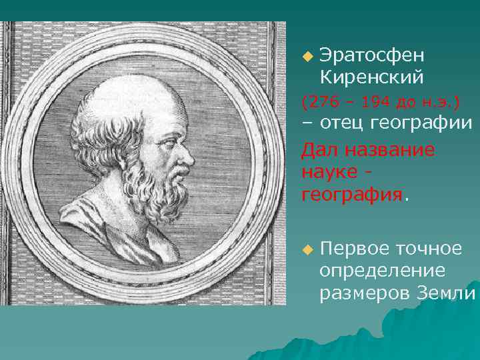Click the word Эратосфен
pos(371,55)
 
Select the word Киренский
pos(371,77)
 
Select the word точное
pos(429,249)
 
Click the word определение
pos(382,271)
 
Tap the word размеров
pos(365,293)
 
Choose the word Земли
pos(446,293)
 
